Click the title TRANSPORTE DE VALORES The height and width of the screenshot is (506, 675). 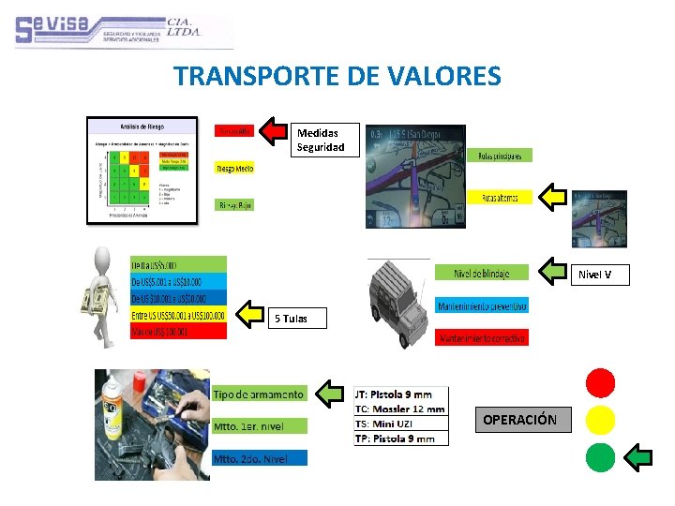tap(337, 76)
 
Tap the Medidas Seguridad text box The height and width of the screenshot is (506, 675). tap(322, 140)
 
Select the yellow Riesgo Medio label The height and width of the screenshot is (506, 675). tap(235, 169)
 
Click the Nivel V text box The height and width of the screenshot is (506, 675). tap(601, 275)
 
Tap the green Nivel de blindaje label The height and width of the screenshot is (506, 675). tap(482, 273)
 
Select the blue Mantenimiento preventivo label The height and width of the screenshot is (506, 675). tap(482, 305)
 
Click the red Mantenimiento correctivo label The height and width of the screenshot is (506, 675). tap(482, 337)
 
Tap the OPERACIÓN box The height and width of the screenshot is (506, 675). tap(520, 420)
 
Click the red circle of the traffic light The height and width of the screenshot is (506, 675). tap(600, 382)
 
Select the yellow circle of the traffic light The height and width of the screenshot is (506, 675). tap(600, 420)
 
